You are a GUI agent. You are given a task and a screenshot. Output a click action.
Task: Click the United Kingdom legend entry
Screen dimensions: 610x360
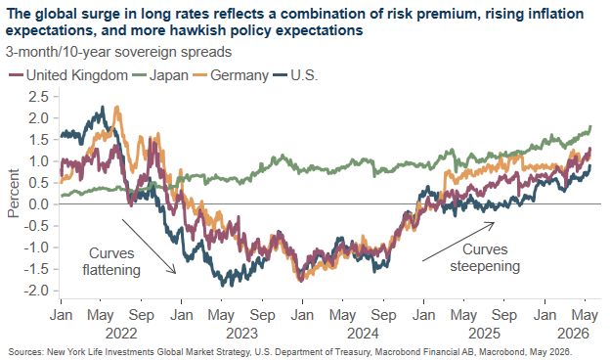68,75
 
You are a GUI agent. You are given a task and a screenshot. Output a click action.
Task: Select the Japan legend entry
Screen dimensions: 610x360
160,75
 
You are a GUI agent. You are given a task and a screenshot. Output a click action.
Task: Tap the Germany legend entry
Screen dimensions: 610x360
231,75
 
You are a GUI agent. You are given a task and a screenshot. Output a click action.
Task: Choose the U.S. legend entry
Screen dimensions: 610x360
295,75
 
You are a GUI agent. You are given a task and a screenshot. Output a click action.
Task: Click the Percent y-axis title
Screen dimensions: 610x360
14,193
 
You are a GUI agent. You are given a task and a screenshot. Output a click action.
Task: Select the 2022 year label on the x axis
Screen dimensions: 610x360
121,334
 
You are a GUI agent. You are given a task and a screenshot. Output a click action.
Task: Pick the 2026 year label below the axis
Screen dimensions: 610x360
574,334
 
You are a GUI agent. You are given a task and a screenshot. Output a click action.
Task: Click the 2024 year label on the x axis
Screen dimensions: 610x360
363,334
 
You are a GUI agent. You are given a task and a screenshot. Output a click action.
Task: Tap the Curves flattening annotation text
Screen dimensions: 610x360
111,261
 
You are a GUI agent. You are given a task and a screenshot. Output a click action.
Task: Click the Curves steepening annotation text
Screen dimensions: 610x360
485,257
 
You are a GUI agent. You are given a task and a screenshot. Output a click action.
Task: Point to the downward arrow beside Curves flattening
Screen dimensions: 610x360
149,247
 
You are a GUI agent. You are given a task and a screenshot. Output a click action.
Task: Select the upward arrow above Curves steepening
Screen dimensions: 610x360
458,242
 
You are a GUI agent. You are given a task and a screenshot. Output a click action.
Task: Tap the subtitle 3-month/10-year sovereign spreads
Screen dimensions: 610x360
118,52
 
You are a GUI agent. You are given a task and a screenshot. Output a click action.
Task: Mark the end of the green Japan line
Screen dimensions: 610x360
590,126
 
